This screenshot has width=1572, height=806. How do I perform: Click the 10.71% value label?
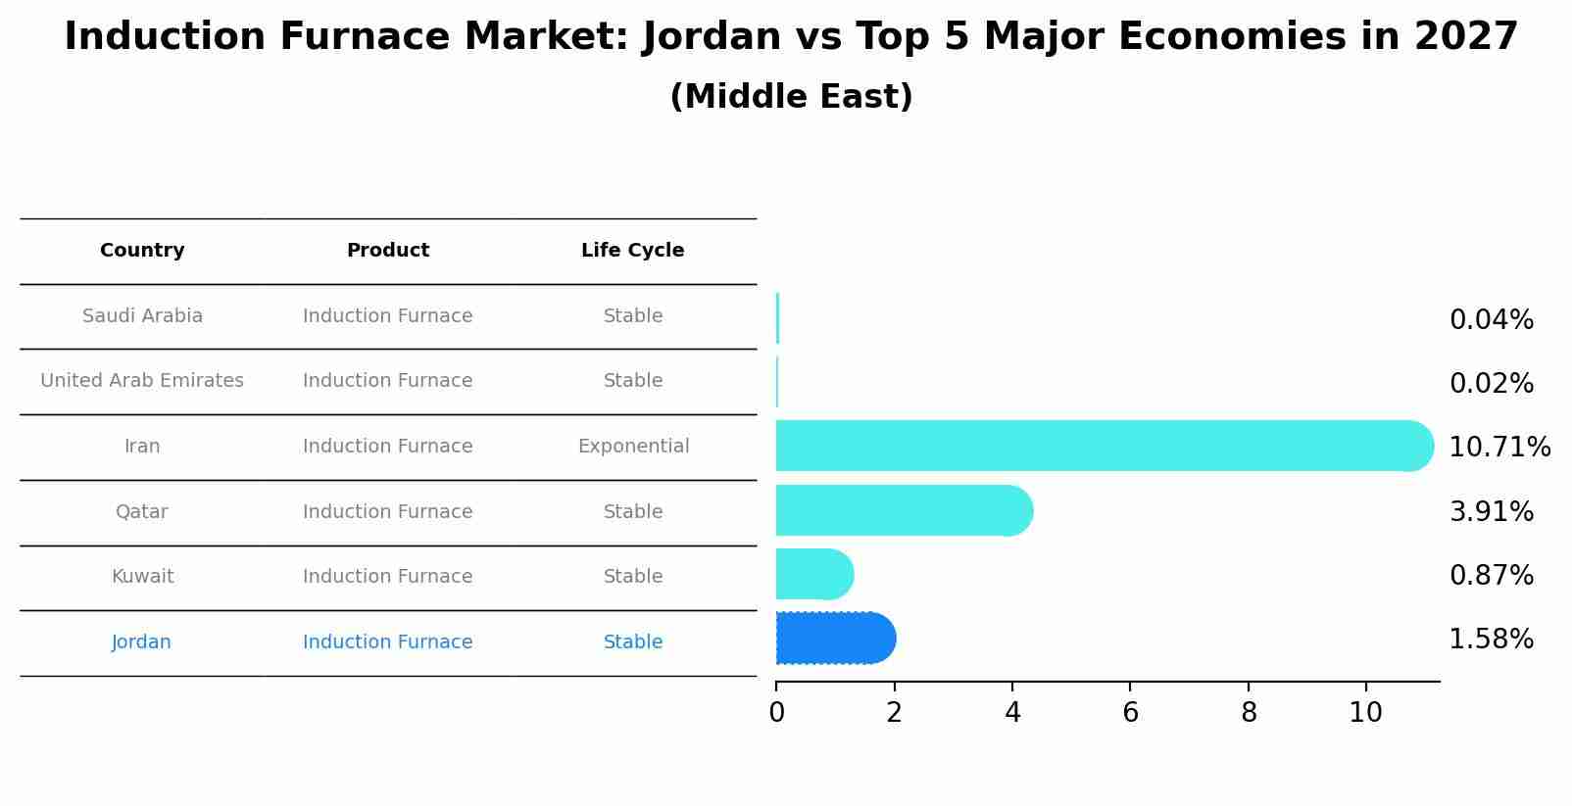1498,448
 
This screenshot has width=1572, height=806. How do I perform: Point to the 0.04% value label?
1491,320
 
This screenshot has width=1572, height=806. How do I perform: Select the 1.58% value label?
1491,640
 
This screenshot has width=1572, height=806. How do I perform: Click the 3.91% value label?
1491,511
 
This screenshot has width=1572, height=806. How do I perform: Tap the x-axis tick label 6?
1130,713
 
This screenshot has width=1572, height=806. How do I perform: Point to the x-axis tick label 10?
1365,713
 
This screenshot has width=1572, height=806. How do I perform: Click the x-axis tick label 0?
776,713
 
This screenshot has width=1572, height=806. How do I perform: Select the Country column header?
142,251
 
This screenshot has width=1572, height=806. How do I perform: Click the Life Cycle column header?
632,251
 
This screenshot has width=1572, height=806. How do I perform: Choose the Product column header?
388,251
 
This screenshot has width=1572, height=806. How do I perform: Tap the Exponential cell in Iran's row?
633,447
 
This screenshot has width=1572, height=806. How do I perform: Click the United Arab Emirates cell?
142,381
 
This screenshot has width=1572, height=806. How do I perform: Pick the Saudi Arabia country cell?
142,316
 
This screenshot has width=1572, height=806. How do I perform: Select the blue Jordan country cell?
141,642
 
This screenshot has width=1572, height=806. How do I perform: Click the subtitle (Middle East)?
791,97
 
